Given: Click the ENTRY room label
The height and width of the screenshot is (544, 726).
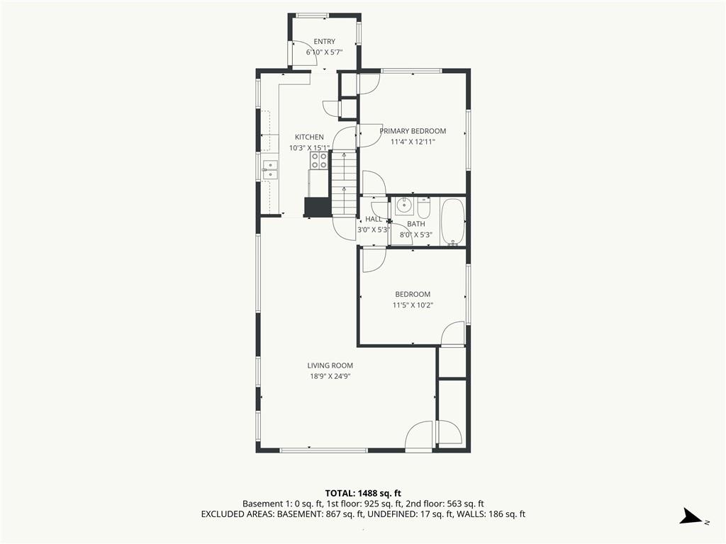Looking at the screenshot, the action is (x=324, y=42).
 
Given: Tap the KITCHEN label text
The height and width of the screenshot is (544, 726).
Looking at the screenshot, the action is (x=309, y=137).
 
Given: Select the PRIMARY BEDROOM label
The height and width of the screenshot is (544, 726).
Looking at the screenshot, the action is (x=413, y=131).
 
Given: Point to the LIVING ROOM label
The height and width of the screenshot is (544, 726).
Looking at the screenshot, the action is (x=330, y=365).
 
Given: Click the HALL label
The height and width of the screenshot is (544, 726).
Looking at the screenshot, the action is (x=374, y=220).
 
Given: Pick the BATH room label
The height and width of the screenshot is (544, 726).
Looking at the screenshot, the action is (x=415, y=224).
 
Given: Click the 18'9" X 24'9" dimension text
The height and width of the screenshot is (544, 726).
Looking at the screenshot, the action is (x=330, y=377).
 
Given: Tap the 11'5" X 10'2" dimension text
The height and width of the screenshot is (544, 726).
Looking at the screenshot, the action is (x=413, y=305).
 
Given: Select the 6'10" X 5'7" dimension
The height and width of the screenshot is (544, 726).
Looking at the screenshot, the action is (x=324, y=52).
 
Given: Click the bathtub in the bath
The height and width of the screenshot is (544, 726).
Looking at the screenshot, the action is (x=453, y=222).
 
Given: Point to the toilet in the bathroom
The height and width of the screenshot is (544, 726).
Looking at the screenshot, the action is (x=424, y=208).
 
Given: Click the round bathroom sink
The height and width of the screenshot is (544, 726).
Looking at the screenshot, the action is (x=404, y=205).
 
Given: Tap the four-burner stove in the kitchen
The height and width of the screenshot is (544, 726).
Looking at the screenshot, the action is (x=319, y=161).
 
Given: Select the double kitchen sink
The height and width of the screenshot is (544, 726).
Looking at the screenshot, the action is (x=269, y=170).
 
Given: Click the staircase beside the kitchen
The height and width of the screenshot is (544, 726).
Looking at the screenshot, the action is (x=344, y=183).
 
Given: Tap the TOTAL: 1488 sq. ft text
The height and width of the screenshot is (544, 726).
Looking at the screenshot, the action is (x=359, y=493).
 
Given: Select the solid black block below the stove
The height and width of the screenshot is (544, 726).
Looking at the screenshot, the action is (x=317, y=207).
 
